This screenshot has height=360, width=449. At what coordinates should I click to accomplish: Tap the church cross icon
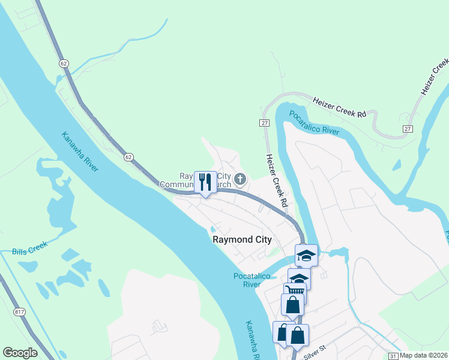(240, 178)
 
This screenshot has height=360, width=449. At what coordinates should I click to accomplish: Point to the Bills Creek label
(29, 251)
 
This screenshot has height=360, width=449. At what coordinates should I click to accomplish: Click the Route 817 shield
(19, 311)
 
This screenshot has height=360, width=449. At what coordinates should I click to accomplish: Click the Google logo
(20, 353)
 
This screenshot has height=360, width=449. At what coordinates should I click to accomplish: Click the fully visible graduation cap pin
(306, 256)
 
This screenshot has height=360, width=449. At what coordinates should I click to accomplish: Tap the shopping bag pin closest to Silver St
(297, 335)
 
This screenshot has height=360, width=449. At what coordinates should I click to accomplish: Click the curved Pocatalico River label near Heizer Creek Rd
(314, 122)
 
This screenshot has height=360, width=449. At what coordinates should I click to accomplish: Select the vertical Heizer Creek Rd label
(277, 181)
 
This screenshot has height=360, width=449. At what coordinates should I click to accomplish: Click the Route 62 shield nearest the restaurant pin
(128, 157)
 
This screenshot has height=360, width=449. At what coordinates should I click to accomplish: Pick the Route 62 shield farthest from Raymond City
(63, 63)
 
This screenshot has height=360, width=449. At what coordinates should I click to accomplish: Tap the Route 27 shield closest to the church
(264, 122)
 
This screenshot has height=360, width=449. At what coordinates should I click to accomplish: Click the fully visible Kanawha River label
(80, 151)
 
